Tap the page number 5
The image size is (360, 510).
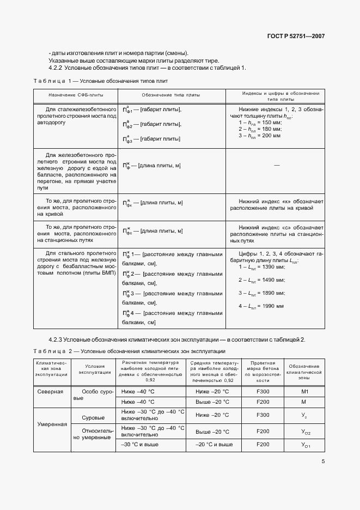[323, 462]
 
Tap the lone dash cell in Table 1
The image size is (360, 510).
[277, 165]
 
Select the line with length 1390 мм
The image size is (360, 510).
[263, 267]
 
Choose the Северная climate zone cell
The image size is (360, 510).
[50, 392]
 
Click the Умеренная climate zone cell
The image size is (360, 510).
[52, 423]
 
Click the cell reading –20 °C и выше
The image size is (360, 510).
[210, 445]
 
